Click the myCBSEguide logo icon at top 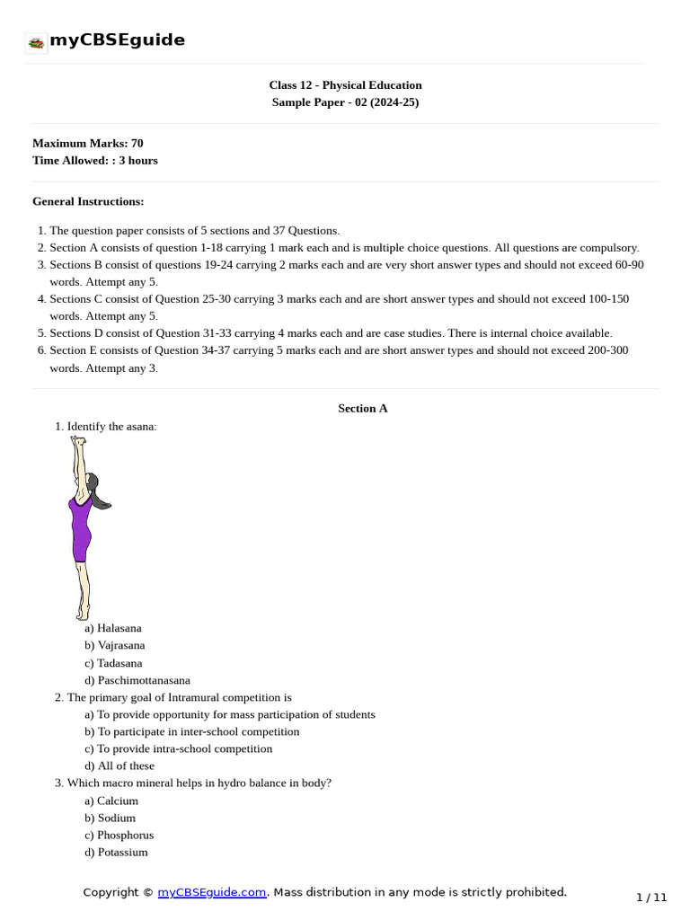(37, 42)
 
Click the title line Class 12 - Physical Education (345, 85)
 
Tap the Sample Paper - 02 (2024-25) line (345, 102)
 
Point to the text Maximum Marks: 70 (88, 143)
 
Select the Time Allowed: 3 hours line (95, 160)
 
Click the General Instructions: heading (88, 201)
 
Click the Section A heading (363, 408)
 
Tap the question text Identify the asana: (111, 426)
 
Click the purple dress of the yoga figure (81, 530)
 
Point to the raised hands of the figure (80, 442)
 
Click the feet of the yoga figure (84, 615)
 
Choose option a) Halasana (113, 628)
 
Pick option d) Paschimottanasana (137, 680)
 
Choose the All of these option (119, 765)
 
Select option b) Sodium (111, 818)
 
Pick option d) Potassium (117, 852)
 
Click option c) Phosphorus (119, 835)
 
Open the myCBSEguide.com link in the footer (212, 892)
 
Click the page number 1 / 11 (651, 897)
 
